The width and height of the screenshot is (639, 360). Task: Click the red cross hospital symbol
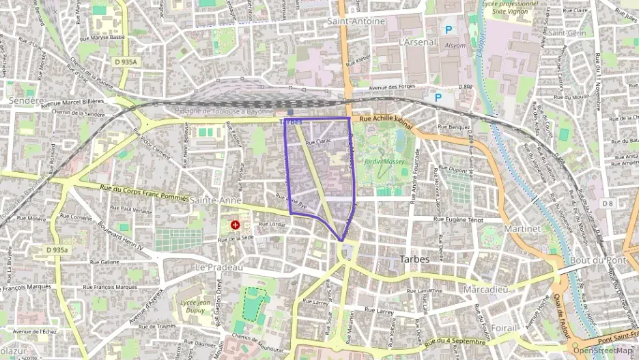[x=236, y=225]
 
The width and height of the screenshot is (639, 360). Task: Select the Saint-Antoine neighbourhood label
[x=356, y=21]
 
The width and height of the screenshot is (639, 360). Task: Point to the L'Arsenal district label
[x=416, y=42]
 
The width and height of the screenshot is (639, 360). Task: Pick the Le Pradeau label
[x=219, y=267]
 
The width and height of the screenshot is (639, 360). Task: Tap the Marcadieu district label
[x=485, y=290]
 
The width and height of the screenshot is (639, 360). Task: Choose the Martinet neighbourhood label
[x=522, y=229]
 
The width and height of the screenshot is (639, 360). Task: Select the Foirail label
[x=504, y=328]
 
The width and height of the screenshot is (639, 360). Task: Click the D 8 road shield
[x=608, y=204]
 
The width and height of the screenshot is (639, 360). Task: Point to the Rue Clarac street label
[x=318, y=142]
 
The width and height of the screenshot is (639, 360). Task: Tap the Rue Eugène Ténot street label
[x=459, y=220]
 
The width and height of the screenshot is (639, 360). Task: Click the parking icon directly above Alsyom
[x=449, y=29]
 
